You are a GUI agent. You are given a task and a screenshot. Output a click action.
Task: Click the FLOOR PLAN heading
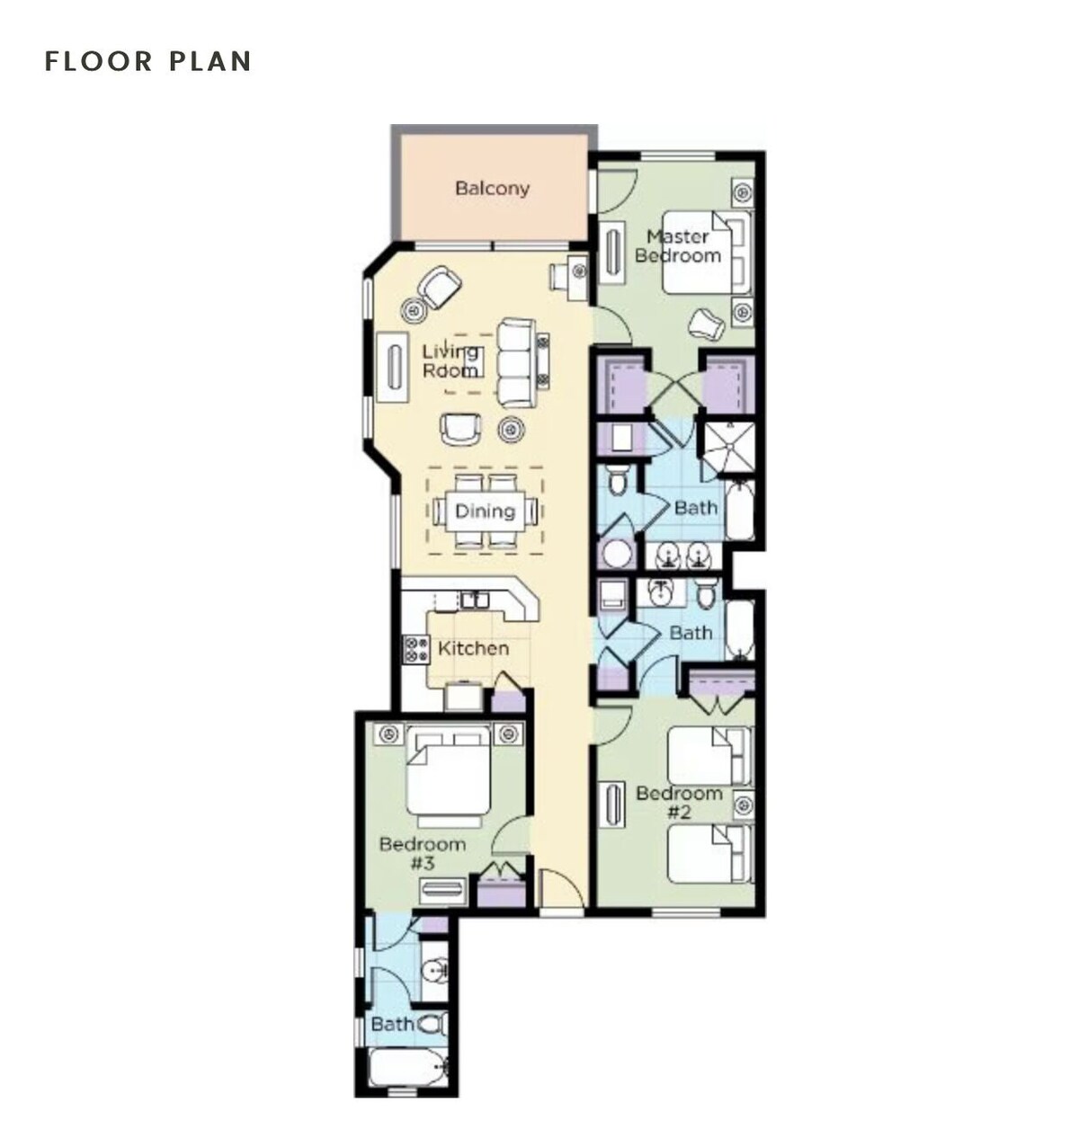pos(148,61)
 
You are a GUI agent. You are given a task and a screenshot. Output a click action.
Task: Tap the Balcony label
pos(492,189)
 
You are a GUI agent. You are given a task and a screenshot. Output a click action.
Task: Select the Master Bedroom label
pos(678,246)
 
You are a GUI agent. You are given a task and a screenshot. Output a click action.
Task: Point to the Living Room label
pos(450,360)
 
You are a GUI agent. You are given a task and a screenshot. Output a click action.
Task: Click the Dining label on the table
pos(486,511)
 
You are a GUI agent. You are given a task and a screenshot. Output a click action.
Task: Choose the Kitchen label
pos(473,648)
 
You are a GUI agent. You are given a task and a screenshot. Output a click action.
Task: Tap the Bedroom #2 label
pos(679,803)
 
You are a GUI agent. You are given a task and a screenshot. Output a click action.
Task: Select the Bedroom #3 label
pos(423,853)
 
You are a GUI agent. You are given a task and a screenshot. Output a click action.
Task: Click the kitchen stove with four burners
pos(416,649)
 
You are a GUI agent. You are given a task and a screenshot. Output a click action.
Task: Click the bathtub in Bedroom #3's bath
pos(407,1067)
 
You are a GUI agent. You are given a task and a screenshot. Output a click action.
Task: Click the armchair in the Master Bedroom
pos(707,324)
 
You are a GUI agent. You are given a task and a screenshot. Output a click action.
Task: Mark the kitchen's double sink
pos(474,600)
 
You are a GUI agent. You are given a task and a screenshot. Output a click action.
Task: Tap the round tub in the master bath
pos(615,554)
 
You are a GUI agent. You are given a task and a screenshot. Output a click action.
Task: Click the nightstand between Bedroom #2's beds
pos(744,805)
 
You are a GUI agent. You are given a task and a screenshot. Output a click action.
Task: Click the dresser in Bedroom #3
pos(443,891)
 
